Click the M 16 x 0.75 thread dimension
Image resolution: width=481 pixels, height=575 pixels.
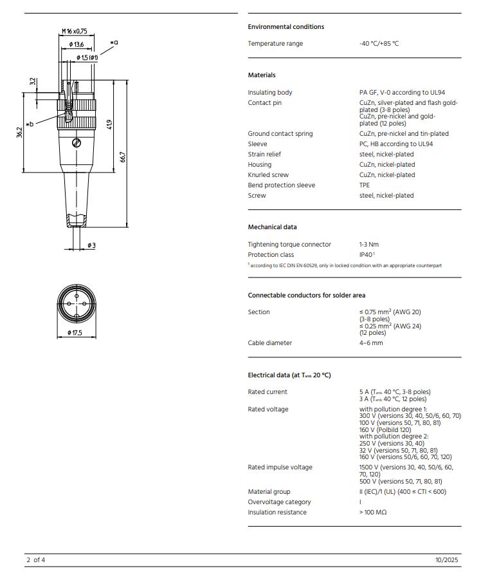pos(74,31)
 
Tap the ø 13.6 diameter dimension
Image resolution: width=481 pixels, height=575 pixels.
pos(76,44)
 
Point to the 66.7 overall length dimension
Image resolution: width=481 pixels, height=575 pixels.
pos(123,156)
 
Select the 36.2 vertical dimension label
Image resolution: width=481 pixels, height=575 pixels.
pos(20,132)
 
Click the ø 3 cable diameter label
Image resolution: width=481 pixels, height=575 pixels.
pos(91,245)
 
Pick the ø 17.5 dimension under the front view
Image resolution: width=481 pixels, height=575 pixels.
pos(75,332)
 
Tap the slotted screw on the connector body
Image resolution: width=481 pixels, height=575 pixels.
pos(77,142)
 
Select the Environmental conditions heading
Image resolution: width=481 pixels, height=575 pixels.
pos(286,26)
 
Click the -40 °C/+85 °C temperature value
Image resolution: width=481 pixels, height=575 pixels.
pos(379,44)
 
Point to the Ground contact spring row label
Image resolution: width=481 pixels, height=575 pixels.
pos(280,134)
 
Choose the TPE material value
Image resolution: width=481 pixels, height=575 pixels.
pos(365,185)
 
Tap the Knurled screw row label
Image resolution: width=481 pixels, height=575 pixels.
pos(268,175)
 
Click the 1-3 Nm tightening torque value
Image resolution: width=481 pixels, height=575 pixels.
pos(369,245)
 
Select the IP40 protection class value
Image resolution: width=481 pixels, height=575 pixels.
pos(367,255)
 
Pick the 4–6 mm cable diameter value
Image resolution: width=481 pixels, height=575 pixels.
pos(371,343)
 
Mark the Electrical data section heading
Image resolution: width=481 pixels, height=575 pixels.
pos(289,375)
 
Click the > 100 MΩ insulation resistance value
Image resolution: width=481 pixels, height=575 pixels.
pos(373,513)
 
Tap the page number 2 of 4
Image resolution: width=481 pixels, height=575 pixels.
pos(35,560)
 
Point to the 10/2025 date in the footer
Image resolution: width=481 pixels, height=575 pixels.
pos(448,560)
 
